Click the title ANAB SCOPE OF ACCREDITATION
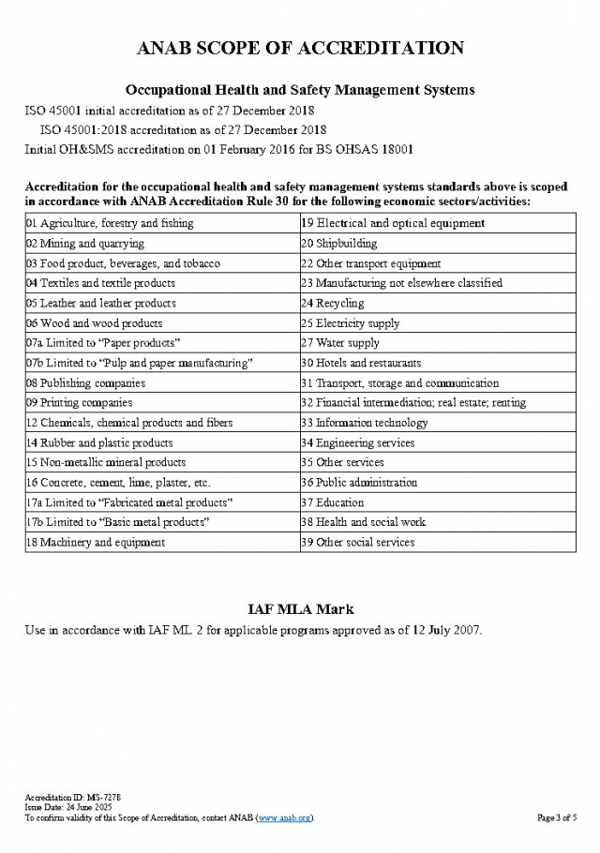[300, 48]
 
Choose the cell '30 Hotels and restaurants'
[361, 363]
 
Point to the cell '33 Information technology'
[364, 423]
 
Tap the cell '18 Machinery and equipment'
[96, 542]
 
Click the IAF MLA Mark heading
[300, 609]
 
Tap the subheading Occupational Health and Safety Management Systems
[300, 91]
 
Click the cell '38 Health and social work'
[363, 522]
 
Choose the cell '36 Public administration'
[359, 483]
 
